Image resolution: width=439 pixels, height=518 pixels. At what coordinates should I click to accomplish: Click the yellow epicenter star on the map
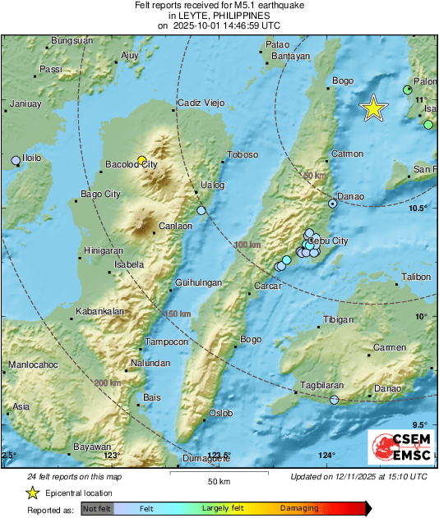point(374,108)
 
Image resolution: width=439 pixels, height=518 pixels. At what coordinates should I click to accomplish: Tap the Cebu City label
point(329,241)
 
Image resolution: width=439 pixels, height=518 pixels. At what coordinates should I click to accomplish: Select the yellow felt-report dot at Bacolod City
point(141,160)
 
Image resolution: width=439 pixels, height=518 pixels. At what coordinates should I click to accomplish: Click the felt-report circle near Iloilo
point(15,160)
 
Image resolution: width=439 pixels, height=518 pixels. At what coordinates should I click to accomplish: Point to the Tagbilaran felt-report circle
point(334,400)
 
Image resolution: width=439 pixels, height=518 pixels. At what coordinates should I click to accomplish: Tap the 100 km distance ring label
point(246,245)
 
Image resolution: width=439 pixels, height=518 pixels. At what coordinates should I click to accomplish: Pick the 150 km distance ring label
point(178,314)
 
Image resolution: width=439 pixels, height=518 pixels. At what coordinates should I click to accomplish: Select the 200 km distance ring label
point(108,383)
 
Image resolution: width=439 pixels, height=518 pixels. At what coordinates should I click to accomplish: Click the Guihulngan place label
point(198,282)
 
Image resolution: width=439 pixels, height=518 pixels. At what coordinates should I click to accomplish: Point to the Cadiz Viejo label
point(201,103)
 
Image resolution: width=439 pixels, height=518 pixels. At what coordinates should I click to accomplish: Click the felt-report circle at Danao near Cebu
point(332,203)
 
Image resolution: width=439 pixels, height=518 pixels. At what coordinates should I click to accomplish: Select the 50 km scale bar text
point(219,480)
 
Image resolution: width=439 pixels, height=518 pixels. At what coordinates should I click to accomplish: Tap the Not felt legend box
point(95,509)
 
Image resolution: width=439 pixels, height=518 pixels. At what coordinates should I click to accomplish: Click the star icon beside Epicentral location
point(32,493)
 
